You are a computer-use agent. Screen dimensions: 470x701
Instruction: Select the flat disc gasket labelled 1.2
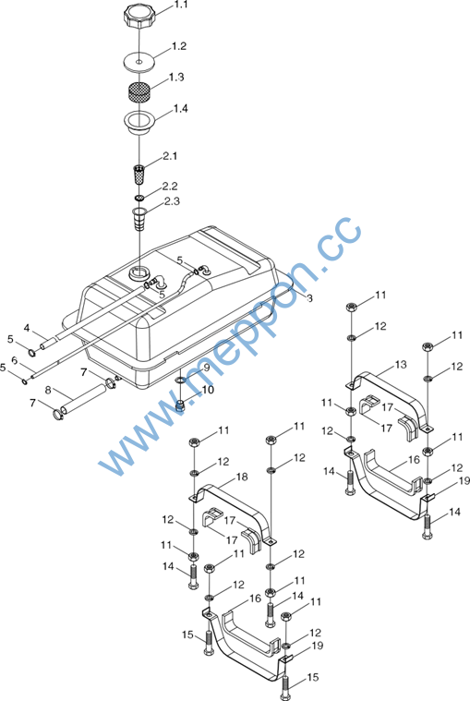click(x=139, y=61)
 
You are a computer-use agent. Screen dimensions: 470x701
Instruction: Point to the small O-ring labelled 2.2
click(x=139, y=198)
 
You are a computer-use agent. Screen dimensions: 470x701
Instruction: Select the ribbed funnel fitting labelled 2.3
click(x=139, y=218)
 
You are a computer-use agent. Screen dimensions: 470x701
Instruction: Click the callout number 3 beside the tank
click(x=309, y=298)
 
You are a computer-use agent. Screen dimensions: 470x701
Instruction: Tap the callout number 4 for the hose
click(x=27, y=329)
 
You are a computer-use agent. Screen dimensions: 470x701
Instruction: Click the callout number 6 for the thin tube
click(x=14, y=360)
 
